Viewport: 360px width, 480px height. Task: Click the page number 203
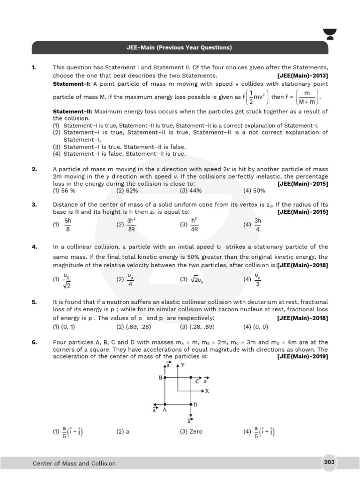tap(329, 462)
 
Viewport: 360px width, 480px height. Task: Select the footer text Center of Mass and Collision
tap(74, 463)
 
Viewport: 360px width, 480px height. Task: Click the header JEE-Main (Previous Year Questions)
tap(180, 48)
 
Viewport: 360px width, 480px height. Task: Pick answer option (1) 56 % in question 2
tap(64, 191)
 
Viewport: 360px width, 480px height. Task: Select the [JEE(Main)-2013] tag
tap(303, 75)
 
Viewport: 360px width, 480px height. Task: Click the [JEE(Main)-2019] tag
tap(303, 356)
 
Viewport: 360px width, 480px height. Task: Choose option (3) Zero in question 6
tap(191, 432)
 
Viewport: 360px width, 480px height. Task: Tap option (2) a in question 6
tap(123, 432)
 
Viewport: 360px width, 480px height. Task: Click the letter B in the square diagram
tap(160, 377)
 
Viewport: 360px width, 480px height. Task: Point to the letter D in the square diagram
tap(195, 404)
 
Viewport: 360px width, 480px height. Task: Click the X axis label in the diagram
tap(207, 390)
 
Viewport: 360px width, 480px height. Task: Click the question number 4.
tap(34, 247)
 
